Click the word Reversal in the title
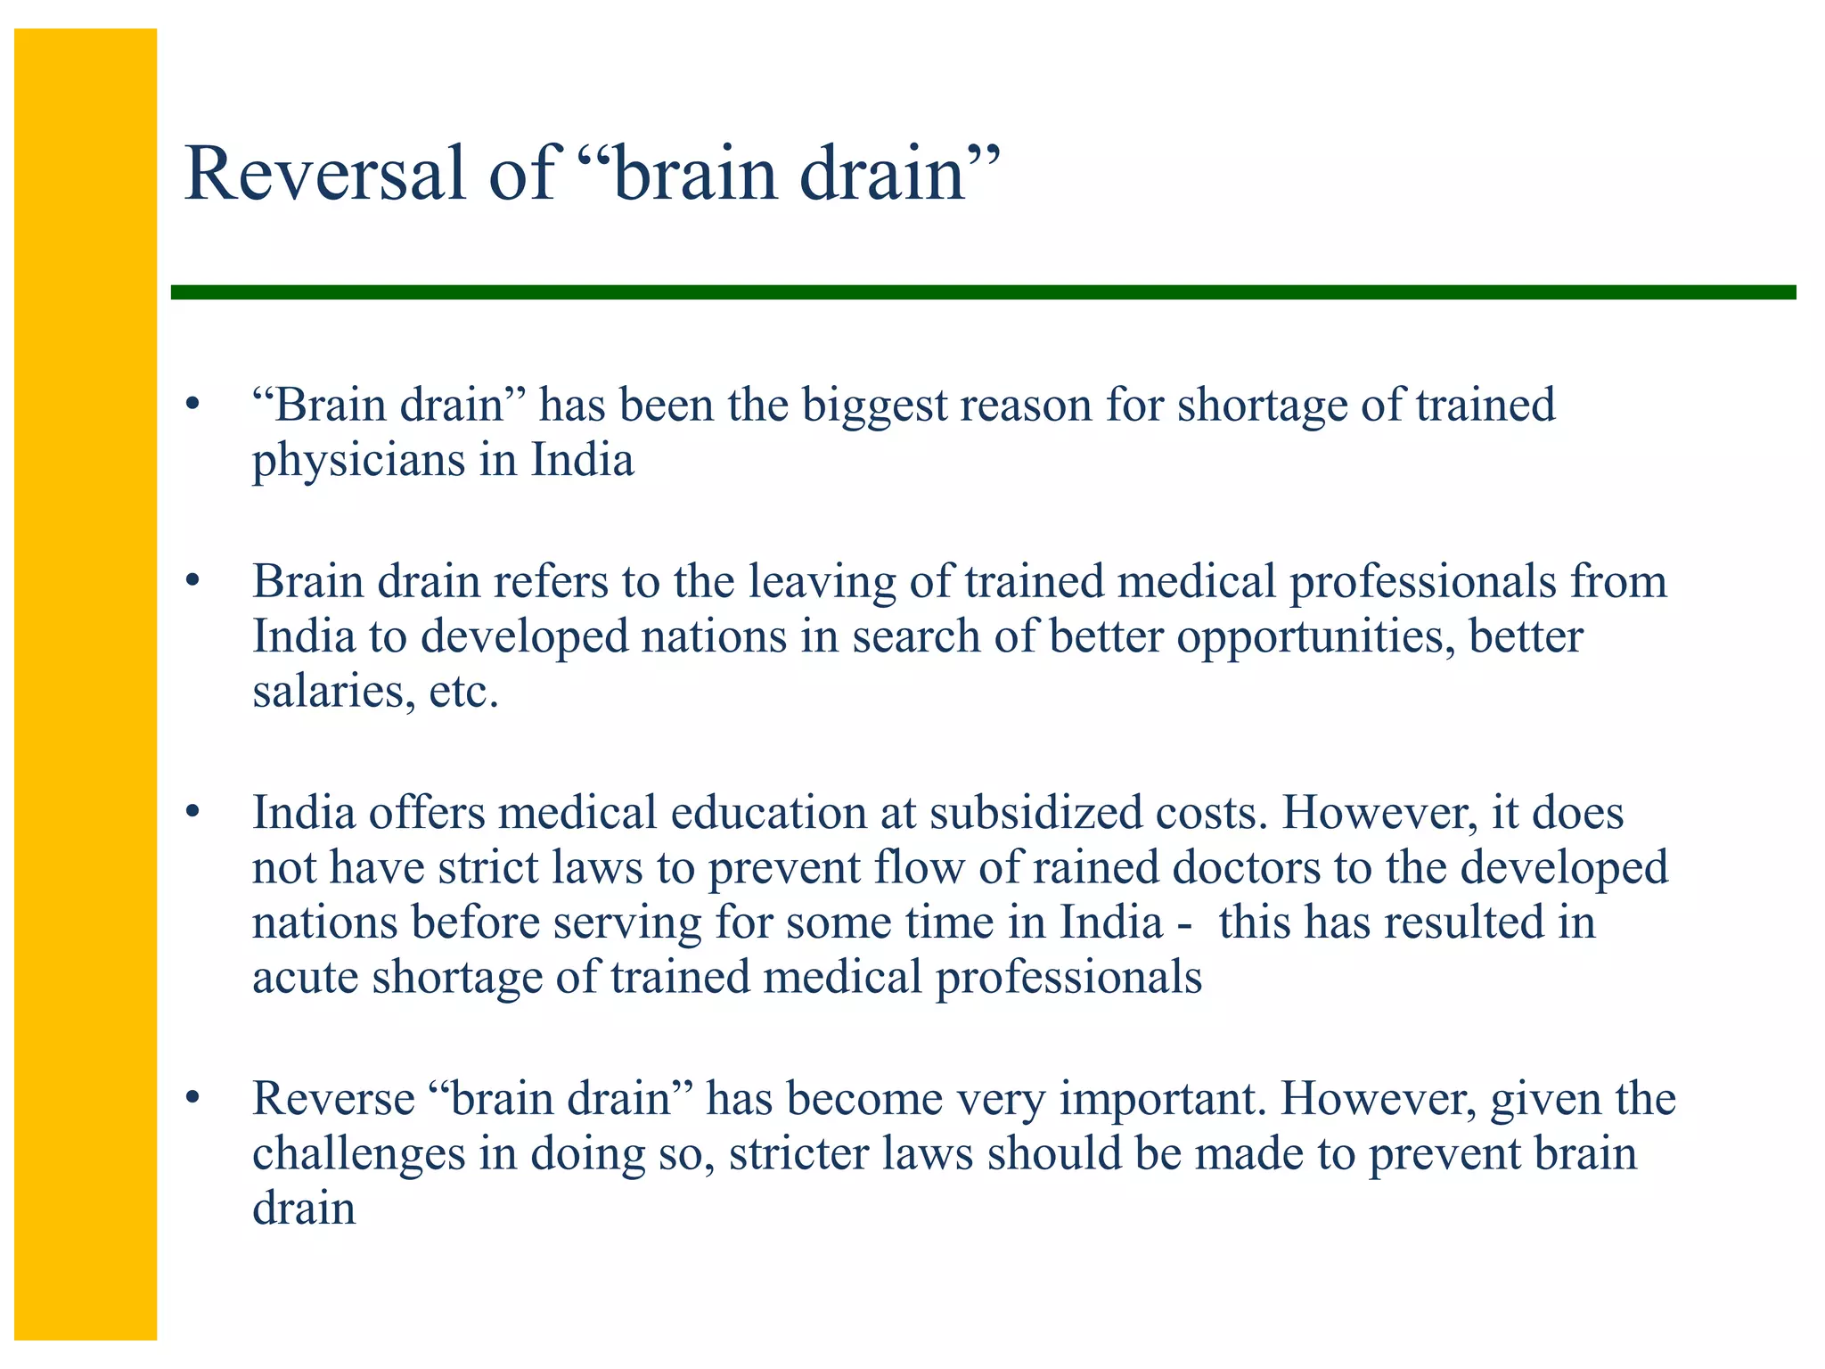tap(325, 174)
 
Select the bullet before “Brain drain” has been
tap(191, 406)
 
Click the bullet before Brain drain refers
tap(191, 583)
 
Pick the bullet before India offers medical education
tap(191, 814)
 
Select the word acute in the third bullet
tap(305, 978)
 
